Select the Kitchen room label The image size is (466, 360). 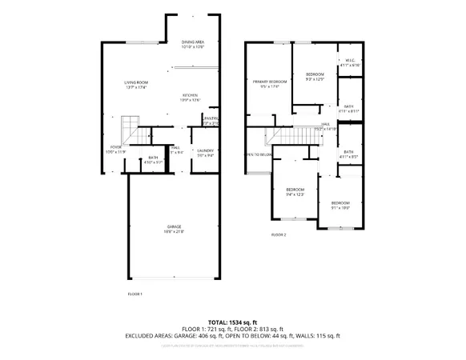189,94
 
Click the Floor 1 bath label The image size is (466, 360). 152,158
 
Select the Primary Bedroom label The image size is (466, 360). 269,82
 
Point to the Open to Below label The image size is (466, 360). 260,154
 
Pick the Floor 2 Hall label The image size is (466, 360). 325,124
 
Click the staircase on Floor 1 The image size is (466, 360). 131,128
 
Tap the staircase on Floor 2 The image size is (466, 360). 293,136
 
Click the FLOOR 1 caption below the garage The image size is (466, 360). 135,294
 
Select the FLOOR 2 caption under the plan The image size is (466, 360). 278,234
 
